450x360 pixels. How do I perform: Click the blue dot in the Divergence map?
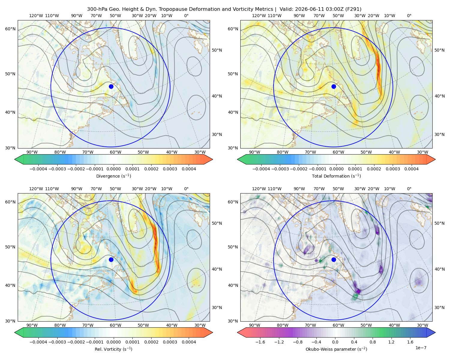point(111,86)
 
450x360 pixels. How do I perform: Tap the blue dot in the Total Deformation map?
point(334,86)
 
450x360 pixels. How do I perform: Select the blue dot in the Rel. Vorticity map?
point(111,259)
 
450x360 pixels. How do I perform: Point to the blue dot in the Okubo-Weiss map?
point(334,259)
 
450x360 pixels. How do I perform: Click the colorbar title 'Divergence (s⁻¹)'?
point(113,176)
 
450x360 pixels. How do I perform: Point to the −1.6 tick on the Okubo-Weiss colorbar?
point(260,342)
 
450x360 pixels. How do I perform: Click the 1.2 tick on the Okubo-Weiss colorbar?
point(391,342)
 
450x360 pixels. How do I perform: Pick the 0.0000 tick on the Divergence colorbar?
point(113,169)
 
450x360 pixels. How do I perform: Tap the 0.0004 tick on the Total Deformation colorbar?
point(412,169)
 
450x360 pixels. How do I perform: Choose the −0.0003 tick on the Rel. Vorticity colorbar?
point(57,342)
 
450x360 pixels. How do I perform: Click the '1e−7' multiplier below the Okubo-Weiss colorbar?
point(421,348)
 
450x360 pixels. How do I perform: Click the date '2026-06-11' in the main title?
point(307,9)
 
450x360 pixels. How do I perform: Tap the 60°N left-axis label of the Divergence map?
point(10,29)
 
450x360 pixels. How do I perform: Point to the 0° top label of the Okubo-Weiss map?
point(409,189)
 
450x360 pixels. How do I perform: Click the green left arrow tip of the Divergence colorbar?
point(15,159)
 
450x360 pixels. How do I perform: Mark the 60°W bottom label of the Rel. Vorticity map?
point(115,325)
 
